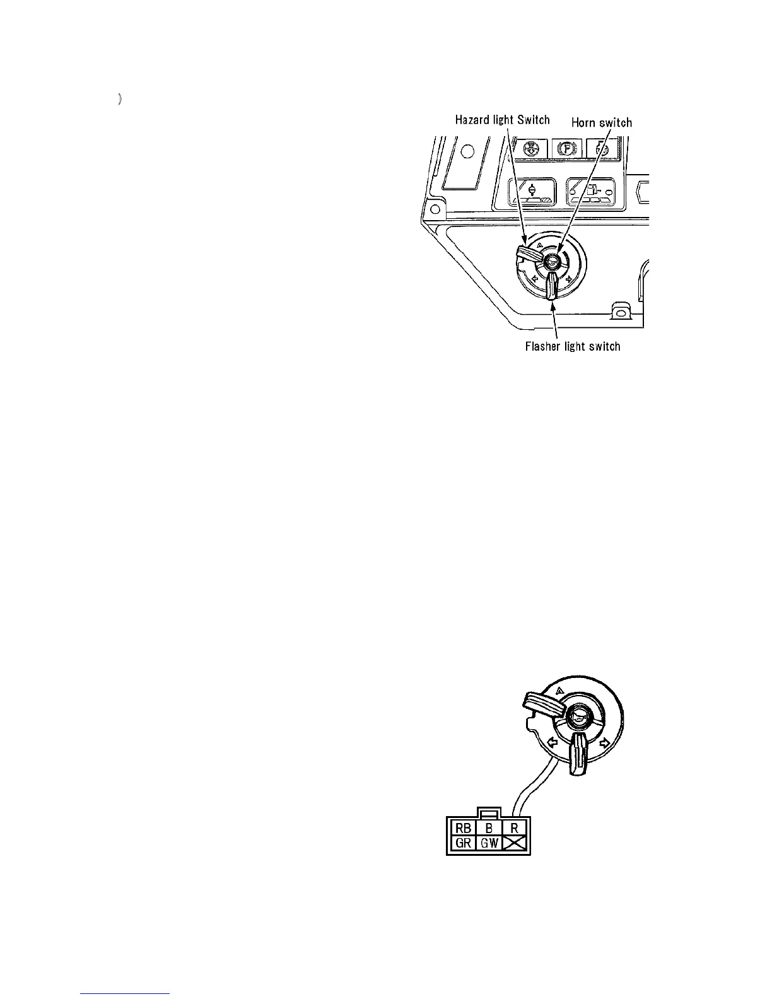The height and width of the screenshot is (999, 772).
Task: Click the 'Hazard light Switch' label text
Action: [x=502, y=120]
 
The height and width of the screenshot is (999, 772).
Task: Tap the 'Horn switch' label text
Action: [x=601, y=123]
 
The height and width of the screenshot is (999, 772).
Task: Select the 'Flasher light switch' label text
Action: [x=573, y=346]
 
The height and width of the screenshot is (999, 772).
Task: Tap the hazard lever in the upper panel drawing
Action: [x=527, y=254]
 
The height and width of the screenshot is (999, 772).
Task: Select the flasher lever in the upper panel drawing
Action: [x=551, y=286]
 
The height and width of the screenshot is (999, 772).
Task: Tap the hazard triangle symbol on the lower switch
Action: [x=558, y=691]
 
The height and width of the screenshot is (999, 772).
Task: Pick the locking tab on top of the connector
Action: [x=489, y=814]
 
